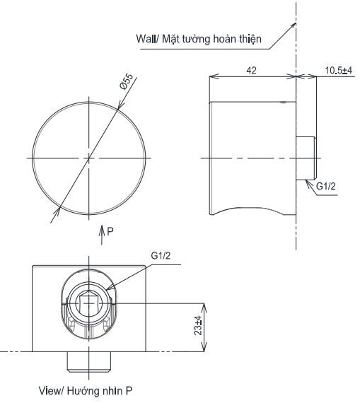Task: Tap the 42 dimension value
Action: point(251,70)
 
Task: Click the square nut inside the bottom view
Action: point(88,305)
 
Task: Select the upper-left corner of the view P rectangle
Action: point(33,266)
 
